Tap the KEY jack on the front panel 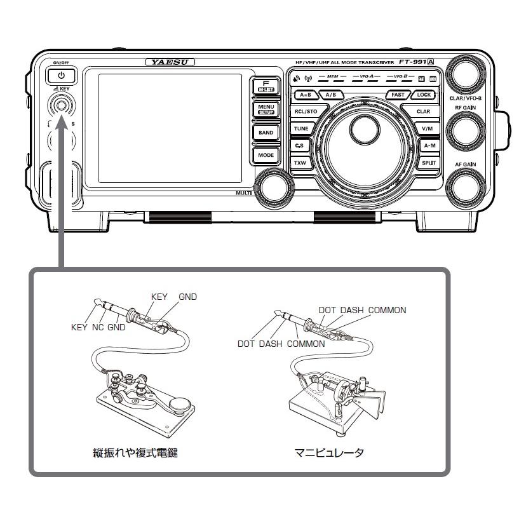(60, 105)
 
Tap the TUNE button (301, 128)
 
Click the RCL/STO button (306, 111)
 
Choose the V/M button (427, 128)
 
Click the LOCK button (423, 95)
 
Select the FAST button (398, 95)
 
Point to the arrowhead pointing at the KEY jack (60, 126)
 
